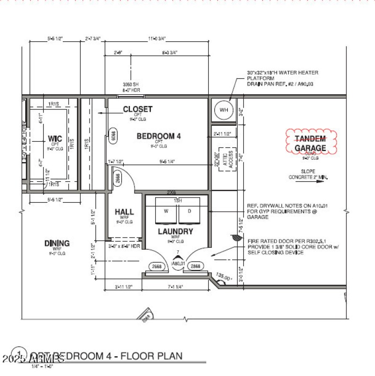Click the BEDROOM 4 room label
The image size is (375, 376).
tap(158, 136)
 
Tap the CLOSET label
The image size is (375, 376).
tap(137, 109)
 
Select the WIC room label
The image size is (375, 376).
tap(55, 139)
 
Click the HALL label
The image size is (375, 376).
tap(124, 212)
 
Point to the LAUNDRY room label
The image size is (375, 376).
tap(175, 231)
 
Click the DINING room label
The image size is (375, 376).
tap(57, 243)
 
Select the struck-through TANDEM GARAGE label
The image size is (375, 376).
tap(310, 144)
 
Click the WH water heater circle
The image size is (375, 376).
tap(224, 110)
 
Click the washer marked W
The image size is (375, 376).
tap(165, 211)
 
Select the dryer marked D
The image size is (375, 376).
tap(189, 211)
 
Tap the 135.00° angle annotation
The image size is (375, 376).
tap(224, 277)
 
